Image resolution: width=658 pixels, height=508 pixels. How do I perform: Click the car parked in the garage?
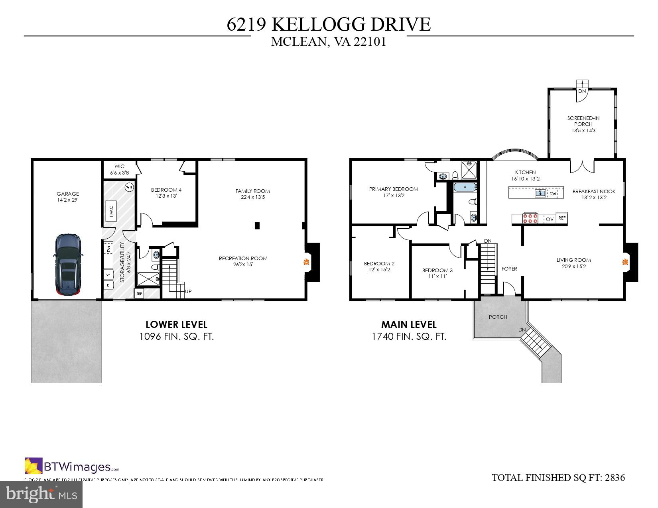(x=68, y=265)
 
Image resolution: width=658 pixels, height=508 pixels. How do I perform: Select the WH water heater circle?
(x=129, y=187)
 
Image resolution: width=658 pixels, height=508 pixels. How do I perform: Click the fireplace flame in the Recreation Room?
(x=306, y=262)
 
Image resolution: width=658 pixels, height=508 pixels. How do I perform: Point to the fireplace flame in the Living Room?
(x=625, y=262)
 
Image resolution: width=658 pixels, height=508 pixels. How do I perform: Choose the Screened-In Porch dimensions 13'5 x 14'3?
(x=583, y=130)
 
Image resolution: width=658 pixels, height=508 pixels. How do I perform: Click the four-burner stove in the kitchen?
(x=531, y=218)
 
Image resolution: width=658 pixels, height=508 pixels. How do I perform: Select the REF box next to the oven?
(x=561, y=218)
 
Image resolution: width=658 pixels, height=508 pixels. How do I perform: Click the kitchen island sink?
(x=541, y=193)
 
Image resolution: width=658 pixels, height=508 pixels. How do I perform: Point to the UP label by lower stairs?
(x=188, y=291)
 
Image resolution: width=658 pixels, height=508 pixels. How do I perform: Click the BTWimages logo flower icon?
(x=33, y=466)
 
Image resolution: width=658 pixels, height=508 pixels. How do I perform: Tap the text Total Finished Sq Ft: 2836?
(x=558, y=477)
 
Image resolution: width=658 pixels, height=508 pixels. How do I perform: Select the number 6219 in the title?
(x=247, y=24)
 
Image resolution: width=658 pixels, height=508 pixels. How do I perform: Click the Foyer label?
(x=509, y=269)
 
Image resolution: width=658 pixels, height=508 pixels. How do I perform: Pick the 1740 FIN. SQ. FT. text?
(x=409, y=336)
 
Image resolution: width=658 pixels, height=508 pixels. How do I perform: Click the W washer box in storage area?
(x=108, y=275)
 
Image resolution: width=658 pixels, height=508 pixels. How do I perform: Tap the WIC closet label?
(x=119, y=167)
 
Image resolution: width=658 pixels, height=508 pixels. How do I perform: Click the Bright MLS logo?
(x=41, y=494)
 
